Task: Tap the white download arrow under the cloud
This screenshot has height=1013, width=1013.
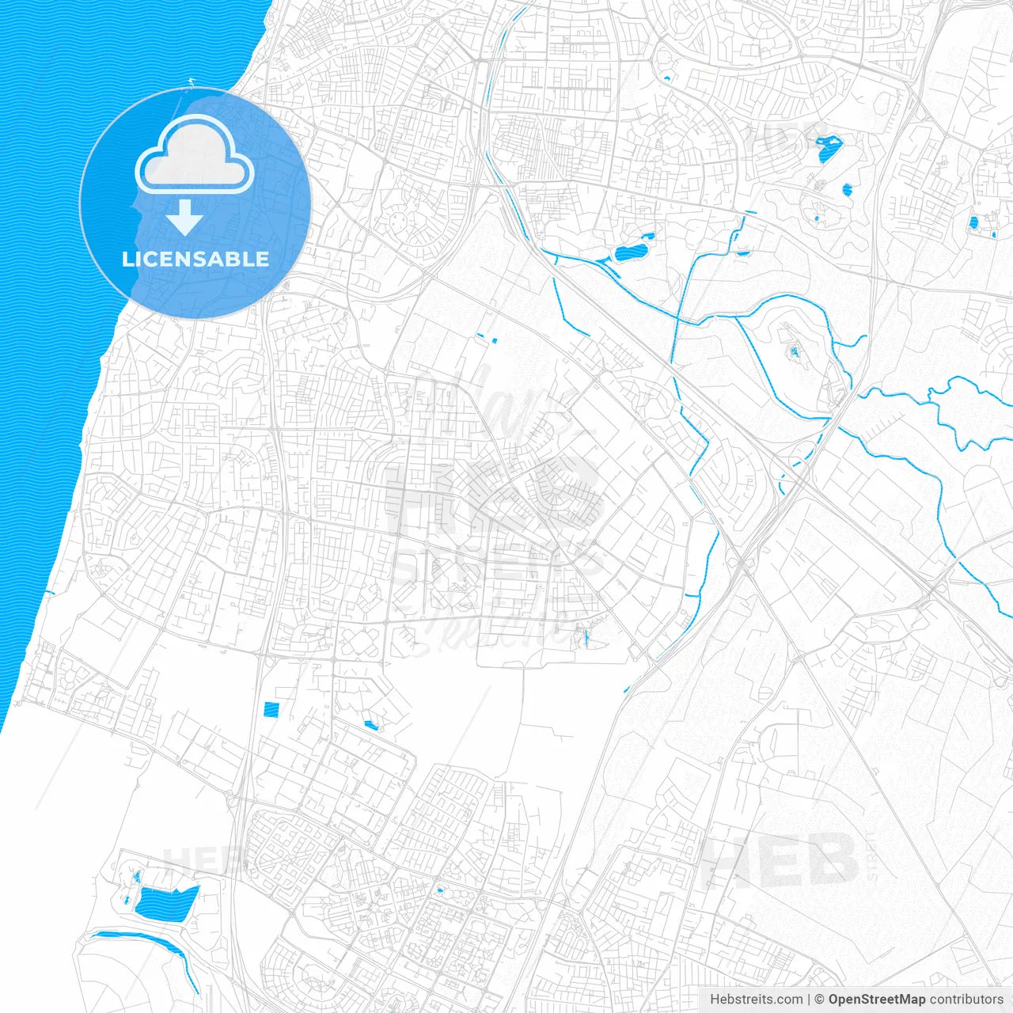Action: (184, 218)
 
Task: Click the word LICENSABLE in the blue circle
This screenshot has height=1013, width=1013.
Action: (195, 259)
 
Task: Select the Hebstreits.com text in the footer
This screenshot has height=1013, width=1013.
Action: (756, 1000)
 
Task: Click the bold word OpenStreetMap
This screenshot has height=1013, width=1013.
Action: (877, 1000)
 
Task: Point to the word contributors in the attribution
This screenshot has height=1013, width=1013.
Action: (966, 1000)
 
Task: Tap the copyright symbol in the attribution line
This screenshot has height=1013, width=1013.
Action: (820, 1000)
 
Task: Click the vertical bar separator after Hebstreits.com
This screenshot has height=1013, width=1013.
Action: (809, 1000)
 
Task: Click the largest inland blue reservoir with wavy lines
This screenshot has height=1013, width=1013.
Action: (165, 903)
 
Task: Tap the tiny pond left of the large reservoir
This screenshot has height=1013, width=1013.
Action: (126, 899)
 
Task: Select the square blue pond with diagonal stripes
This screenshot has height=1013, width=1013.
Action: (271, 709)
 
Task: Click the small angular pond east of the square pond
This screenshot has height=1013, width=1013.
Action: (370, 724)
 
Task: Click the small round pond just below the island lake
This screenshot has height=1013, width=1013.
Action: (847, 190)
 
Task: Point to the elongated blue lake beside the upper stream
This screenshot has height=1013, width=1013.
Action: (631, 254)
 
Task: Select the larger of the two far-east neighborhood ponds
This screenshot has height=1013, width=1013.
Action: (973, 222)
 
